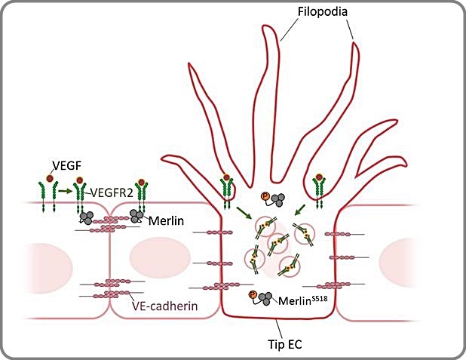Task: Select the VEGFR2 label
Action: point(110,193)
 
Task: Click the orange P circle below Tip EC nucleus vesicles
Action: point(252,294)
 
